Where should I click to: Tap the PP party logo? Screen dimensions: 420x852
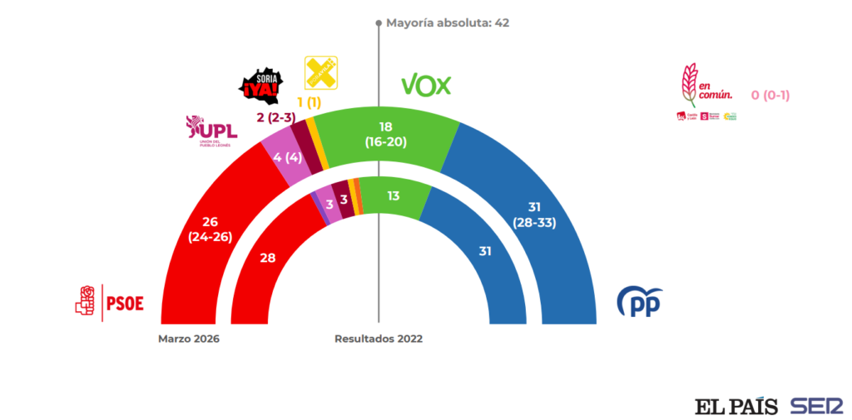[x=639, y=301]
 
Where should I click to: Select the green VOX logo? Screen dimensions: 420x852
[x=426, y=84]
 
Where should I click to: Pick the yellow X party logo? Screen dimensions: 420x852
[x=321, y=73]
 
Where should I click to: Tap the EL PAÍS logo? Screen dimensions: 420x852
[x=736, y=406]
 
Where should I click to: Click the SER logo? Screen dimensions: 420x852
[x=816, y=406]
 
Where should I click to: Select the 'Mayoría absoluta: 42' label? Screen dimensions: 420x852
[x=447, y=22]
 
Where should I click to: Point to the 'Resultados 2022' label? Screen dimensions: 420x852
[x=379, y=338]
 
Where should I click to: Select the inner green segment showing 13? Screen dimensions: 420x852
[x=393, y=196]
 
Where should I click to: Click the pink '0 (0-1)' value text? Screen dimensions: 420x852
[x=770, y=95]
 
